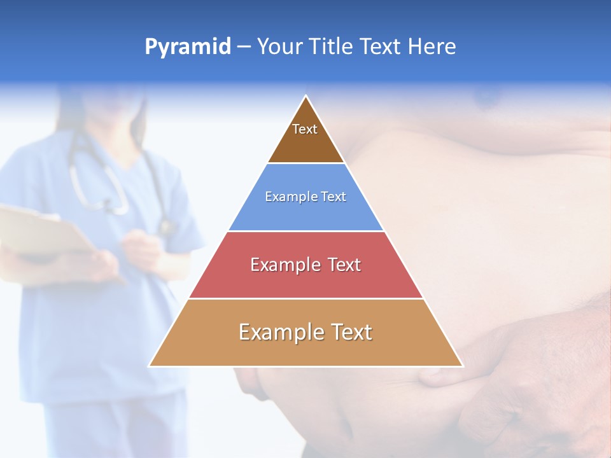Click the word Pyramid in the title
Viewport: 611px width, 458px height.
coord(187,47)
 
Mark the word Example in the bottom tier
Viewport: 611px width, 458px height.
coord(279,332)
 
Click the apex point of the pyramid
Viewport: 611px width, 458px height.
coord(306,96)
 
